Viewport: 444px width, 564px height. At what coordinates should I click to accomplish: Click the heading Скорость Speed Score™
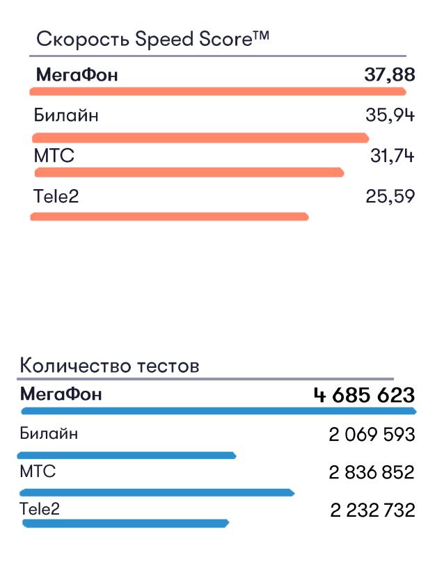[152, 38]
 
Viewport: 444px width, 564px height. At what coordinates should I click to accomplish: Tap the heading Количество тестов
[109, 365]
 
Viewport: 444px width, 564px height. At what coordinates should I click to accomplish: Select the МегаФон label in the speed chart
[77, 74]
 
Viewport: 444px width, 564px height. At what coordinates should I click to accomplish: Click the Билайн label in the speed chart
[66, 115]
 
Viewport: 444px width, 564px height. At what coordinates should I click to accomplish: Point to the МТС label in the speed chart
[54, 156]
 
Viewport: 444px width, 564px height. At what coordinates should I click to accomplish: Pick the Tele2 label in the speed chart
[56, 196]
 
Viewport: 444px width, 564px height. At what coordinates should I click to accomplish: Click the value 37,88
[389, 74]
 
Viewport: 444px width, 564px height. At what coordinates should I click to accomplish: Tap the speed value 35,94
[390, 115]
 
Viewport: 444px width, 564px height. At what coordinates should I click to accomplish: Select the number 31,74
[392, 156]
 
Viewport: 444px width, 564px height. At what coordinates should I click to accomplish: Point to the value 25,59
[390, 196]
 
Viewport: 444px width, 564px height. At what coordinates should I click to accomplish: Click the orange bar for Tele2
[169, 217]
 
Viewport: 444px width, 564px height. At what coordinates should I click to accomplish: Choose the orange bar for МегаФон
[218, 90]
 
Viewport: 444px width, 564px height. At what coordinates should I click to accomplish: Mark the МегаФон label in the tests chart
[61, 394]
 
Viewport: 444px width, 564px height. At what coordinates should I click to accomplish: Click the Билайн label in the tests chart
[49, 434]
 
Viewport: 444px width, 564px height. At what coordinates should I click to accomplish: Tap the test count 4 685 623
[364, 395]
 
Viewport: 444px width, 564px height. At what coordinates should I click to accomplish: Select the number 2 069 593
[372, 435]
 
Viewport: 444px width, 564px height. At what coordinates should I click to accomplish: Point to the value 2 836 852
[372, 473]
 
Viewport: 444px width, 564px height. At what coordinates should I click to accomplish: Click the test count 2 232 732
[372, 510]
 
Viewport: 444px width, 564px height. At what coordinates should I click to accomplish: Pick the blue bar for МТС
[157, 492]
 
